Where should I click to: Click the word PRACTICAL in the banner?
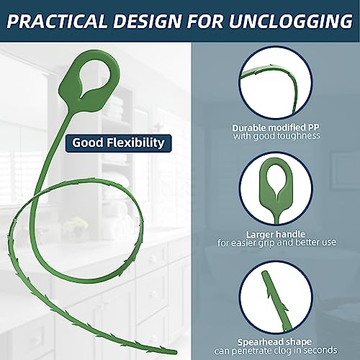(57, 21)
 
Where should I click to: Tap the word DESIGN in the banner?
(147, 21)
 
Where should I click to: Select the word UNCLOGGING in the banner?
(291, 21)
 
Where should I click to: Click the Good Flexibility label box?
(118, 143)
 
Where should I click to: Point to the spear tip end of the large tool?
(175, 352)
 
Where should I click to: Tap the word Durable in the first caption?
(249, 127)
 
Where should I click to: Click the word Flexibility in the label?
(135, 143)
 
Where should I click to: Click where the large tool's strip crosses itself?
(35, 197)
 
